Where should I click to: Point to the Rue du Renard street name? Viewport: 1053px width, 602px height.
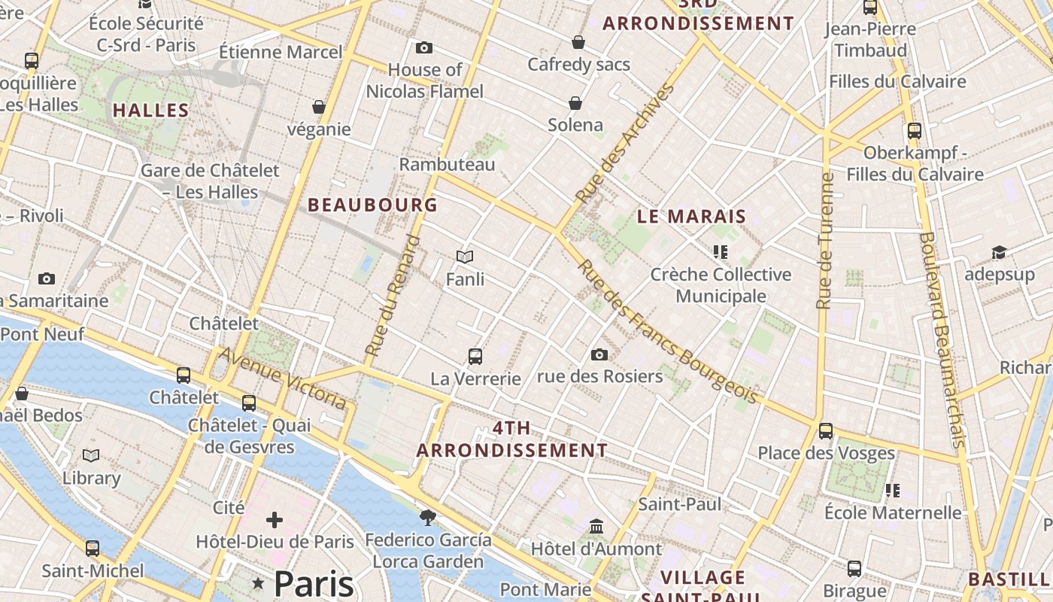(x=393, y=295)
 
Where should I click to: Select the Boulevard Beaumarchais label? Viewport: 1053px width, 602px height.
(x=941, y=339)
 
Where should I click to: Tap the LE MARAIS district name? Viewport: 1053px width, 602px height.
(x=691, y=217)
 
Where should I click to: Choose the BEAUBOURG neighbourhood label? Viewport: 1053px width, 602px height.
(x=372, y=205)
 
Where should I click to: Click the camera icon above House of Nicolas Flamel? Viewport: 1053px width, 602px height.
(x=424, y=47)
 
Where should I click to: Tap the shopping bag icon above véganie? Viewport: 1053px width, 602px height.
(x=319, y=107)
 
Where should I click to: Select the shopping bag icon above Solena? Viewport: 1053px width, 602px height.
(x=575, y=102)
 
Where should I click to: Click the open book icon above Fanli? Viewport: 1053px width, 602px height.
(x=465, y=257)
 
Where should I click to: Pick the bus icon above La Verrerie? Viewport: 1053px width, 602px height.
(x=475, y=356)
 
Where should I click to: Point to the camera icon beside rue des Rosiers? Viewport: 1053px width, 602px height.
(x=599, y=354)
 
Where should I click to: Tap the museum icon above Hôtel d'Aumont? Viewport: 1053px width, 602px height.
(x=596, y=526)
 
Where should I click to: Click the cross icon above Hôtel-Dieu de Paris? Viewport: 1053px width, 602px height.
(x=275, y=519)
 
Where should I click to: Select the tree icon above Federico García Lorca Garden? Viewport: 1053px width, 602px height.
(x=428, y=517)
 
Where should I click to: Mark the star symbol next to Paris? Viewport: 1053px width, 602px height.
(x=259, y=582)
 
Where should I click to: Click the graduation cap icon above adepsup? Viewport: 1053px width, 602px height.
(x=999, y=252)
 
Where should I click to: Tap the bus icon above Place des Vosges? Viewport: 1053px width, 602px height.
(x=826, y=431)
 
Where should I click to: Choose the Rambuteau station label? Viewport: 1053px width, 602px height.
(x=447, y=164)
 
